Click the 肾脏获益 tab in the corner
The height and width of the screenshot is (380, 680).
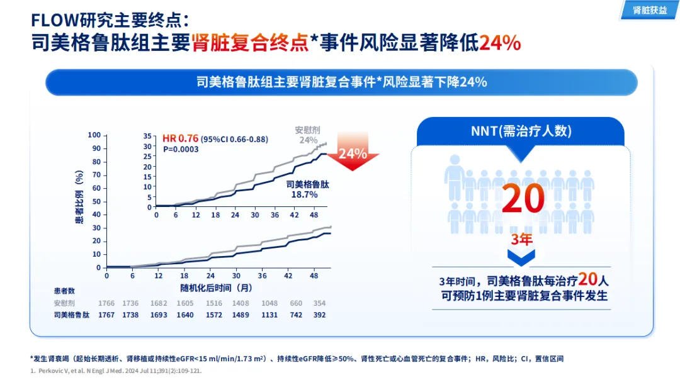click(x=649, y=11)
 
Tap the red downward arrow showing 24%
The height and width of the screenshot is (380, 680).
click(x=357, y=152)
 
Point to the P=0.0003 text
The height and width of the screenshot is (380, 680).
click(x=181, y=149)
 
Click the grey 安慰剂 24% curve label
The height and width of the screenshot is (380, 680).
click(x=308, y=135)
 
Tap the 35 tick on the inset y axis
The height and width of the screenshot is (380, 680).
click(x=147, y=136)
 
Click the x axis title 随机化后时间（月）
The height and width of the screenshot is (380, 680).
click(x=216, y=288)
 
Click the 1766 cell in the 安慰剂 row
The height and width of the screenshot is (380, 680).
click(x=107, y=303)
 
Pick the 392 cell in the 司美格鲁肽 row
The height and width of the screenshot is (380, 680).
click(x=320, y=315)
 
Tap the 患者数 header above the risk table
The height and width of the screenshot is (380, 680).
click(x=65, y=291)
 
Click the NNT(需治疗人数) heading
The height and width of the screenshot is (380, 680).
click(x=521, y=131)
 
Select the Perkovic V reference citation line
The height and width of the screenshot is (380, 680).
click(x=116, y=371)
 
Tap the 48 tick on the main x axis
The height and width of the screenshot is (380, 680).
click(x=314, y=276)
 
